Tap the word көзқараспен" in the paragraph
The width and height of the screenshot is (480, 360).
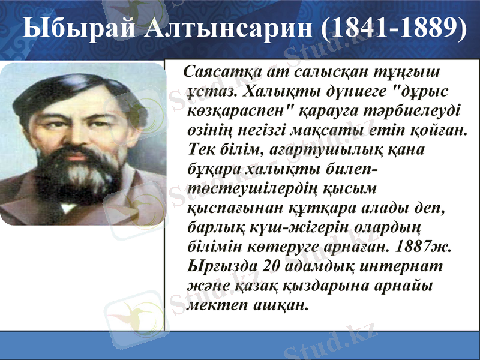click(237, 112)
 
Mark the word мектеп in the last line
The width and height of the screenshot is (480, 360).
click(214, 305)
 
